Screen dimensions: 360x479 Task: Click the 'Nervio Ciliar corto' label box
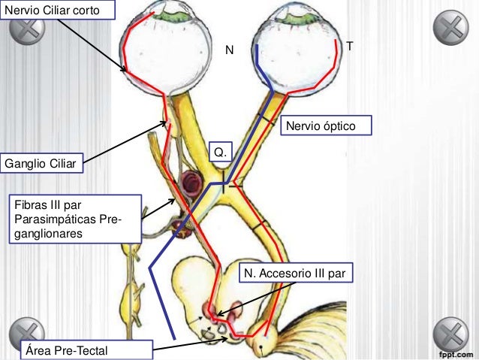click(x=59, y=10)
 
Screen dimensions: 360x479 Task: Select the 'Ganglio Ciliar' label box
click(x=42, y=162)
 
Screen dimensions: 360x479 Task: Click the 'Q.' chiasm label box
click(x=220, y=153)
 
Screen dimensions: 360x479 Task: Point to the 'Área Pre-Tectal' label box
click(x=83, y=349)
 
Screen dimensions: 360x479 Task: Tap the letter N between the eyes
click(x=230, y=50)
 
